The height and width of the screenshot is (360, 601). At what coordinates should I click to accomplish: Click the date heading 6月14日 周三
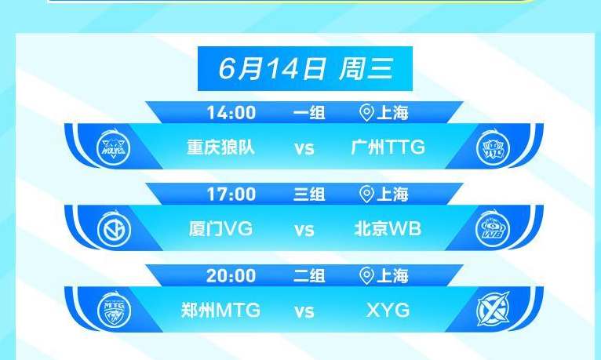click(305, 69)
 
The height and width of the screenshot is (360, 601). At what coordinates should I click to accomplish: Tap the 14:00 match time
click(231, 113)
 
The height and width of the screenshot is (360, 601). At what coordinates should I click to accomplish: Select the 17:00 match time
click(231, 195)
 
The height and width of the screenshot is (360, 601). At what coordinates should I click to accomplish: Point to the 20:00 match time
click(231, 276)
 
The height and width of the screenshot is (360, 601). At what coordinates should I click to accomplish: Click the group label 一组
click(309, 113)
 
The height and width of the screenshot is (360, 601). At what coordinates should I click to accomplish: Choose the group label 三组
click(309, 195)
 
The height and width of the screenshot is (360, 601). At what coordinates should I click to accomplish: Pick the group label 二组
click(309, 276)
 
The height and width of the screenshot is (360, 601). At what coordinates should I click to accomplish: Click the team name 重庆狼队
click(220, 147)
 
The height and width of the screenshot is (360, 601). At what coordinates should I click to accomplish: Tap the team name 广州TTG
click(388, 147)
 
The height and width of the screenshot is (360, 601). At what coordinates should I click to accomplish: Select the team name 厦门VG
click(220, 229)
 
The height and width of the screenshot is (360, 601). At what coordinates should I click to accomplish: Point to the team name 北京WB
click(388, 229)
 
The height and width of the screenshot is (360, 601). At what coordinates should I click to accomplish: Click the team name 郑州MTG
click(220, 311)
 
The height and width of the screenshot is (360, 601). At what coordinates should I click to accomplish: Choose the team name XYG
click(388, 311)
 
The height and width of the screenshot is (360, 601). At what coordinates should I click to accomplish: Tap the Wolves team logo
click(114, 147)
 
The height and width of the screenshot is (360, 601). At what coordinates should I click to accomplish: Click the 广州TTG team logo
click(494, 147)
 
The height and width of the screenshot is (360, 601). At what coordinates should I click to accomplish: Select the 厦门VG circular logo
click(114, 229)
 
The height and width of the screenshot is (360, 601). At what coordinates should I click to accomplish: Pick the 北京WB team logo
click(493, 229)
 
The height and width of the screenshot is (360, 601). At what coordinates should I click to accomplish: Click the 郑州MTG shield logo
click(114, 311)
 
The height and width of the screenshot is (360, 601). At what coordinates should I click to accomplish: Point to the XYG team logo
click(493, 310)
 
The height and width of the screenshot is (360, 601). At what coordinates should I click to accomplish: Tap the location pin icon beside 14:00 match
click(367, 113)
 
